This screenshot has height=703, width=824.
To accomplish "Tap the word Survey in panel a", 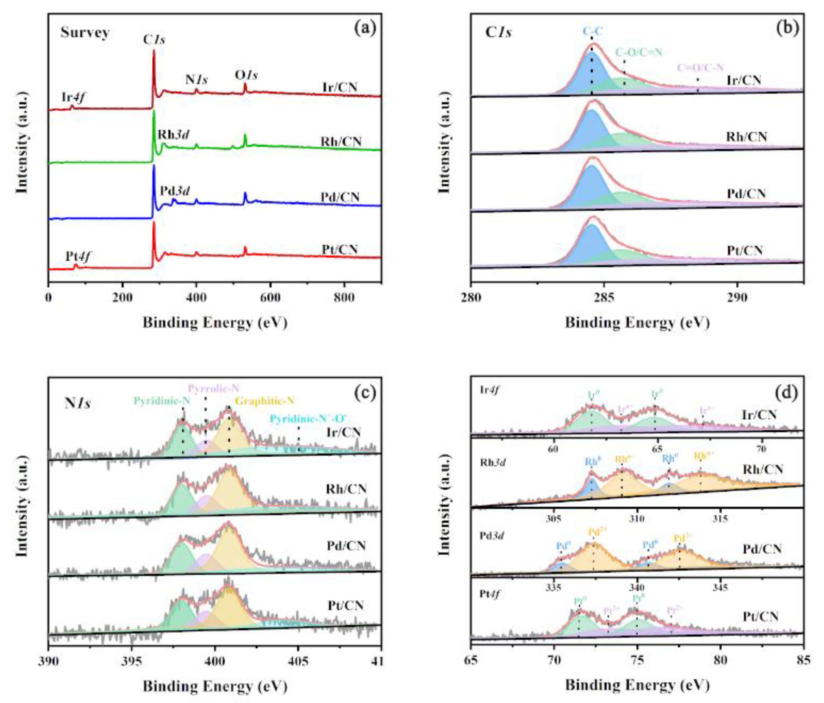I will (85, 33).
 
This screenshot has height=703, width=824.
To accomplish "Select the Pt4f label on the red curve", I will (78, 257).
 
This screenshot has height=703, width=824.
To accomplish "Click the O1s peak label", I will (246, 75).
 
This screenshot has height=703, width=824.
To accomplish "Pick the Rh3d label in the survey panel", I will (173, 135).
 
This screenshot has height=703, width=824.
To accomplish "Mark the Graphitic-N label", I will (264, 401).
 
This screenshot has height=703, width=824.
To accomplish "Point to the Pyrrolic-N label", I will (213, 388).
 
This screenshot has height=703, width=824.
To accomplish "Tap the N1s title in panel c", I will (78, 403).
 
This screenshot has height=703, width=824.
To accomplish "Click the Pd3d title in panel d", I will (492, 535).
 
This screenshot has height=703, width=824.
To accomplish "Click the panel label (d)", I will (786, 393).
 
